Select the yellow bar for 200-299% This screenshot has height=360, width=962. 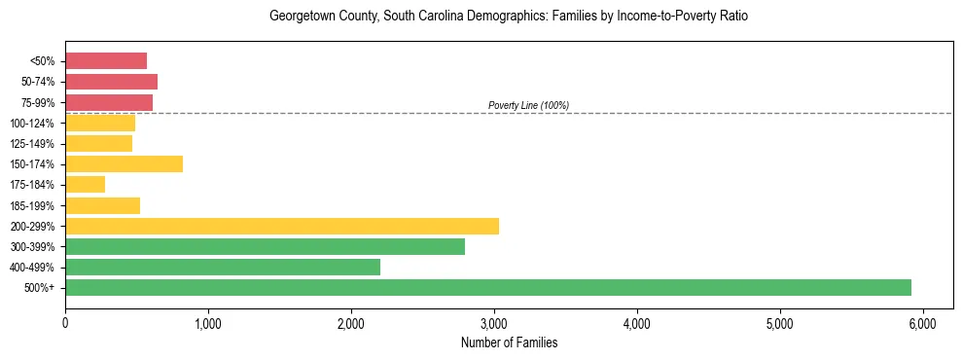[282, 226]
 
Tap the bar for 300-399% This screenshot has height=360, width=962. [265, 246]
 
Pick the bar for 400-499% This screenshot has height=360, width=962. [223, 267]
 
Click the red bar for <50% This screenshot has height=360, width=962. [106, 61]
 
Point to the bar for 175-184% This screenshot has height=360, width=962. [85, 184]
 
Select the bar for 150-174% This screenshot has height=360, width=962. [124, 163]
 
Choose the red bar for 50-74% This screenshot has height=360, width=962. [111, 82]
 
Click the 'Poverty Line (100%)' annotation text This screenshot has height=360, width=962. [528, 105]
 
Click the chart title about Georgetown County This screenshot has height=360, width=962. [509, 17]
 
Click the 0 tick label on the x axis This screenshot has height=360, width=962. [65, 322]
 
